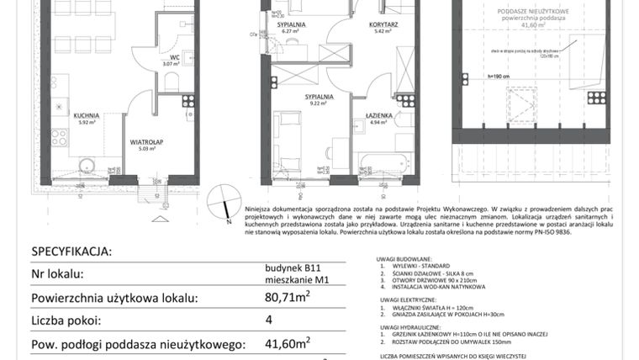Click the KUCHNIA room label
(x=86, y=115)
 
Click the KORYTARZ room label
(x=382, y=26)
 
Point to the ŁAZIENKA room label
(x=379, y=115)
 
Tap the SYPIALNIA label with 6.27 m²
(x=293, y=26)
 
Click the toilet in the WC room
(x=171, y=81)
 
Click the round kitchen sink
(x=85, y=164)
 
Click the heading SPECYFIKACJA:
(x=71, y=251)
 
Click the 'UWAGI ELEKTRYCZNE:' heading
(x=408, y=299)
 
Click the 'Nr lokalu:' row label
(x=58, y=274)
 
